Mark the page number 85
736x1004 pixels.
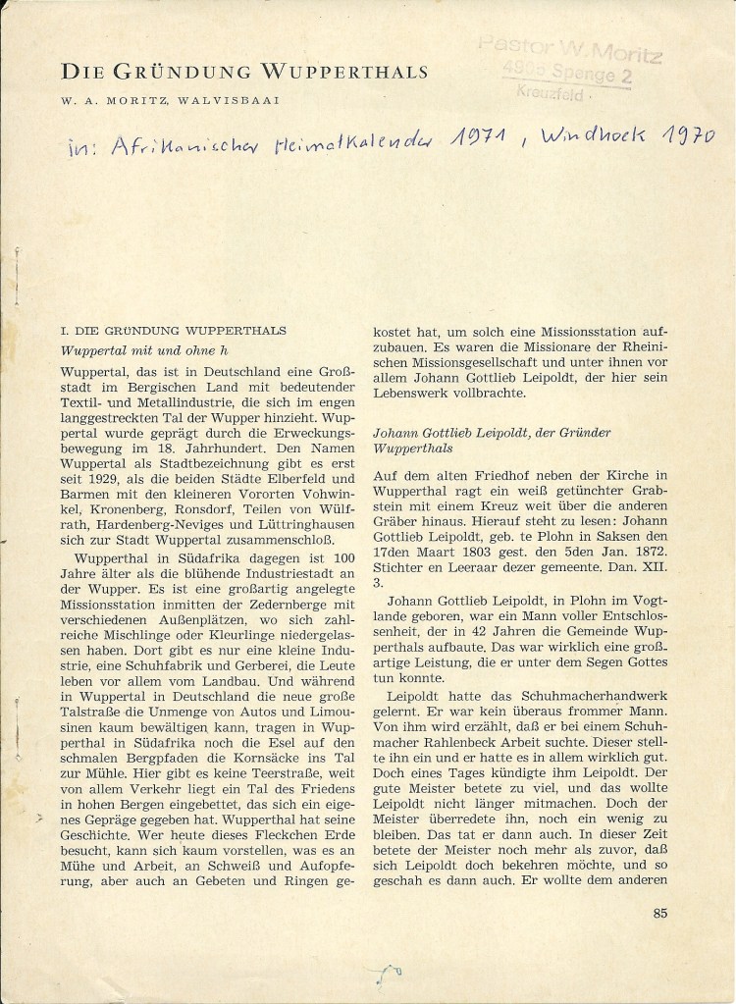(659, 912)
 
